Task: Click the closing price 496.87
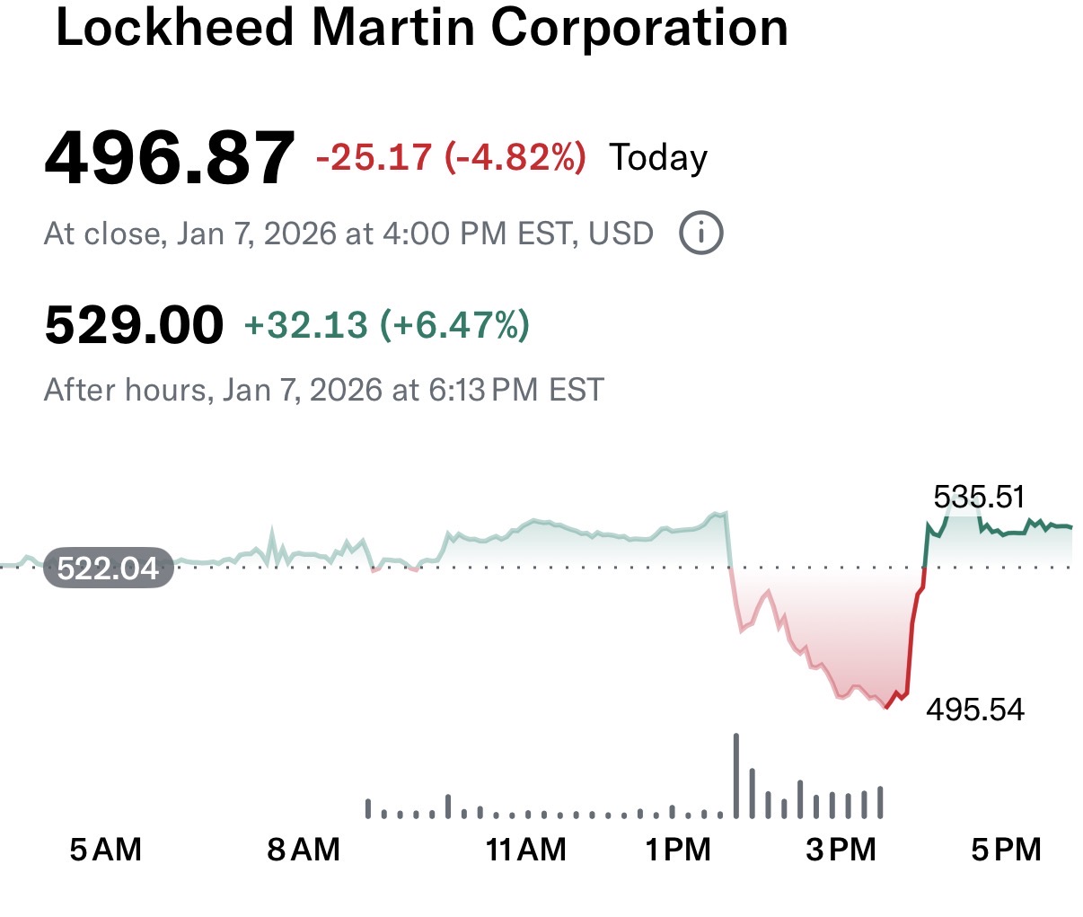tap(169, 159)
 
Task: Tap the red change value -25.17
tap(374, 157)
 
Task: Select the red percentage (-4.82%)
tap(515, 157)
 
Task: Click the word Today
tap(658, 158)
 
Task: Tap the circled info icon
tap(700, 234)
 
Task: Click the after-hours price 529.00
tap(134, 324)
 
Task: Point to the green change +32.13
tap(305, 324)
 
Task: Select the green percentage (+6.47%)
tap(455, 324)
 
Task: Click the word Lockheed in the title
tap(175, 27)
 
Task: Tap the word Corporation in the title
tap(639, 27)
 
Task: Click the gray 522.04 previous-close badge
tap(108, 568)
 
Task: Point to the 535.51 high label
tap(979, 497)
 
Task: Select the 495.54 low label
tap(975, 710)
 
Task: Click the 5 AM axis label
tap(106, 849)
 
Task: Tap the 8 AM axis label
tap(304, 849)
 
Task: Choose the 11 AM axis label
tap(526, 849)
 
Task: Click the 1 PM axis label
tap(678, 849)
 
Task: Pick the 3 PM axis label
tap(841, 849)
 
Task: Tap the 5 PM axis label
tap(1006, 849)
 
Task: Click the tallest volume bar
tap(736, 776)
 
